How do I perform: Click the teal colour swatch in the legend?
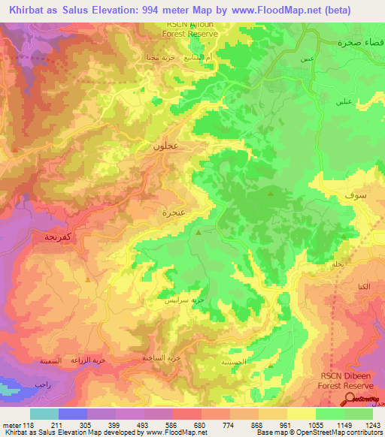(x=44, y=414)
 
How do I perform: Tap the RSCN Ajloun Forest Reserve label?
(x=192, y=29)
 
